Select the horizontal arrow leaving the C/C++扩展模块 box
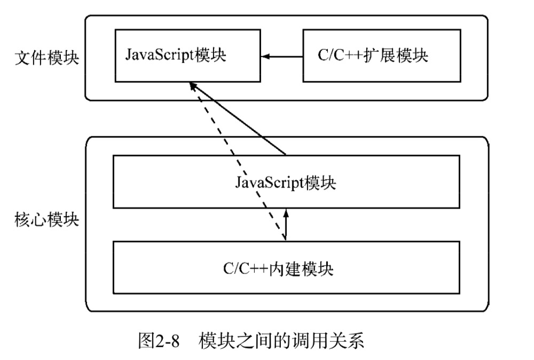(x=283, y=56)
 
